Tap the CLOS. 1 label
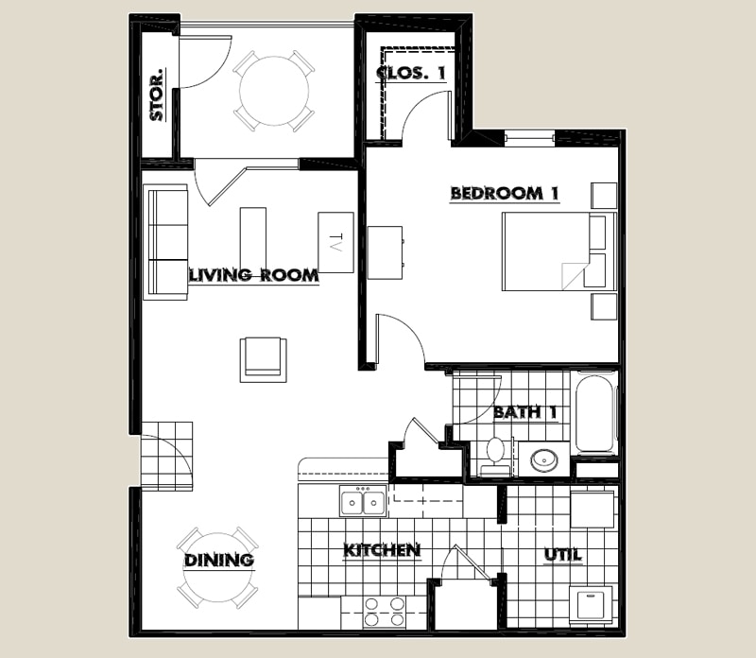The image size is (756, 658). [x=410, y=73]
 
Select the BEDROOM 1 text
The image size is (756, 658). [x=505, y=194]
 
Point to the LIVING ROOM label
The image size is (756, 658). [x=253, y=276]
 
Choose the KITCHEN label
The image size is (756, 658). [x=381, y=550]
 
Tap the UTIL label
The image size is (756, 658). [x=562, y=555]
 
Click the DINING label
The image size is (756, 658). [x=219, y=561]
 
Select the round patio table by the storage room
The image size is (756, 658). [x=273, y=92]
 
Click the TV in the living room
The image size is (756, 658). [x=335, y=242]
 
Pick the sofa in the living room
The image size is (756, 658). [x=166, y=242]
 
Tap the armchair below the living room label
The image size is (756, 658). [x=263, y=358]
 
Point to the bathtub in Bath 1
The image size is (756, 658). [x=595, y=413]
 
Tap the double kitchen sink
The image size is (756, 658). [x=363, y=501]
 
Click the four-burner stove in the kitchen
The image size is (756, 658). [x=384, y=612]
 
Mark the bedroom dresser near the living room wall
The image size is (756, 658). [x=386, y=252]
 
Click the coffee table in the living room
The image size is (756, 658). [x=253, y=237]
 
